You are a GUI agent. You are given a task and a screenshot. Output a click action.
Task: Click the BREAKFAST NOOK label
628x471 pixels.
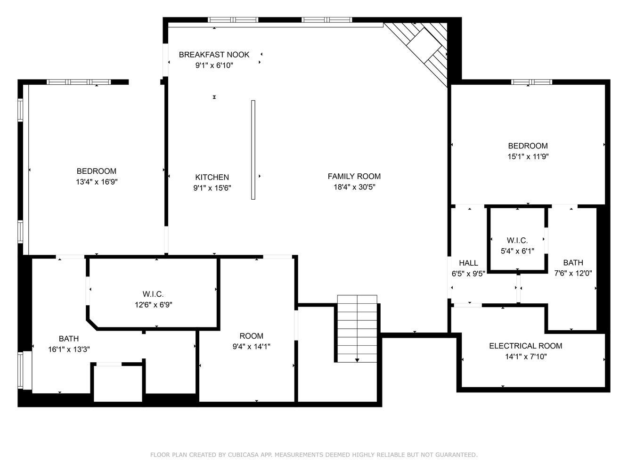pyautogui.click(x=214, y=55)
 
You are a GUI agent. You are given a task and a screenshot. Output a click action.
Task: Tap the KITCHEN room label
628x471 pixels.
pyautogui.click(x=212, y=177)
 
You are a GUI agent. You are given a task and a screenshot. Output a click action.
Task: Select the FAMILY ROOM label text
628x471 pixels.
pyautogui.click(x=354, y=177)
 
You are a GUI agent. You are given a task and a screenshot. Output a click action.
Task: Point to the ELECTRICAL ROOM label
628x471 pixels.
pyautogui.click(x=526, y=346)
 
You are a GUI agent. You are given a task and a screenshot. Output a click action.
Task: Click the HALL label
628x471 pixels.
pyautogui.click(x=468, y=263)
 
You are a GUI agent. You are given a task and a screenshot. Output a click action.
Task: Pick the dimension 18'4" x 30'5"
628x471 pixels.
pyautogui.click(x=354, y=187)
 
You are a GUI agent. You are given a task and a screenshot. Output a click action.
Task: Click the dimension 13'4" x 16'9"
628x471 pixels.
pyautogui.click(x=97, y=182)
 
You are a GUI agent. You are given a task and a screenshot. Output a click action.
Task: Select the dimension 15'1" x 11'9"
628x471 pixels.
pyautogui.click(x=528, y=157)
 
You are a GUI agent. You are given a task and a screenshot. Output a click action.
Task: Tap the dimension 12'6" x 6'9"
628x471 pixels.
pyautogui.click(x=154, y=305)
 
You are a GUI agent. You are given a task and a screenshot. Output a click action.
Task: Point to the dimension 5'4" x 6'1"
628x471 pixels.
pyautogui.click(x=517, y=251)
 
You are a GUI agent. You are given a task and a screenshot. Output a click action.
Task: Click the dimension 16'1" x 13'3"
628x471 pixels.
pyautogui.click(x=69, y=349)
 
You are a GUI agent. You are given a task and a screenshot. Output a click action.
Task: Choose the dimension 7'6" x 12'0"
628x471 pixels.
pyautogui.click(x=573, y=273)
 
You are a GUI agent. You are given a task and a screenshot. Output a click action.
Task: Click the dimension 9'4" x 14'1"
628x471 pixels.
pyautogui.click(x=251, y=347)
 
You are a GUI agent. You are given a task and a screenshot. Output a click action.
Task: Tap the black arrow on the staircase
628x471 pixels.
pyautogui.click(x=357, y=360)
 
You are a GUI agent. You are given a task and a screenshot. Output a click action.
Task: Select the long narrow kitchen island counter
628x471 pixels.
pyautogui.click(x=253, y=150)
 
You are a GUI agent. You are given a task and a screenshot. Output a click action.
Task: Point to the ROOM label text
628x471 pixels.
pyautogui.click(x=251, y=336)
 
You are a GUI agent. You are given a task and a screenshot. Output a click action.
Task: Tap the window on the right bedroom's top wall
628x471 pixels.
pyautogui.click(x=531, y=82)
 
